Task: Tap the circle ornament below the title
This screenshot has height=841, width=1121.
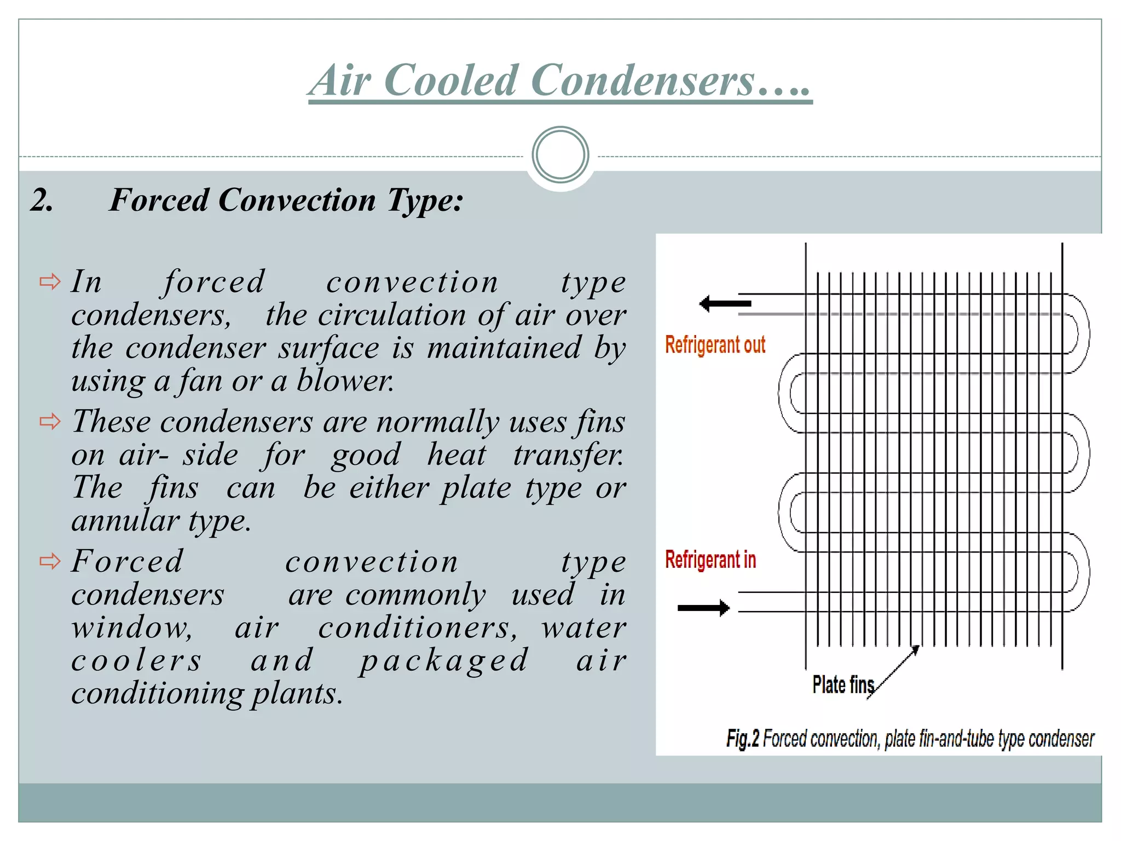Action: coord(560,155)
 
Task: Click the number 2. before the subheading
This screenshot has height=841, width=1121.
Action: coord(42,200)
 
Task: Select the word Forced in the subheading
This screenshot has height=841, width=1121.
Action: coord(159,200)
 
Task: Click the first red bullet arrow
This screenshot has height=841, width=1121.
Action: coord(50,282)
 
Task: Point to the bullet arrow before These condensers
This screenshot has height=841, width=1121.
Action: coord(50,422)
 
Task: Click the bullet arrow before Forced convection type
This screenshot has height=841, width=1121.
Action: coord(50,561)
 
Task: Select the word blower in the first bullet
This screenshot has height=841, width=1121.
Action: coord(344,380)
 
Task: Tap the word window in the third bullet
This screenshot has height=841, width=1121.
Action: coord(131,627)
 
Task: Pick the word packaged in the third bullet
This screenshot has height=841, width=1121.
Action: coord(444,660)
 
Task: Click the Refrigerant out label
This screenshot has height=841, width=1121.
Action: coord(715,345)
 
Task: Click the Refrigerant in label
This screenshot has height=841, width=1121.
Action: coord(710,560)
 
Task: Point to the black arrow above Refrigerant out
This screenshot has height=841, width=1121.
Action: coord(725,303)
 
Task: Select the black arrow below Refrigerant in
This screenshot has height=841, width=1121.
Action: coord(704,608)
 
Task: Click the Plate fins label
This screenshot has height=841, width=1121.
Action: coord(843,685)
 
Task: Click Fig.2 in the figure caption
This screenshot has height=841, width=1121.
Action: coord(742,739)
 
